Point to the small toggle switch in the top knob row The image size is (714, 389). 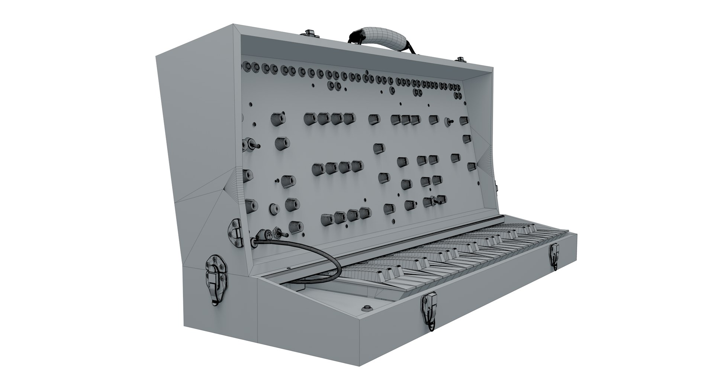pos(449,121)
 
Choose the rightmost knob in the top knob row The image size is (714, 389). pos(463,120)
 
